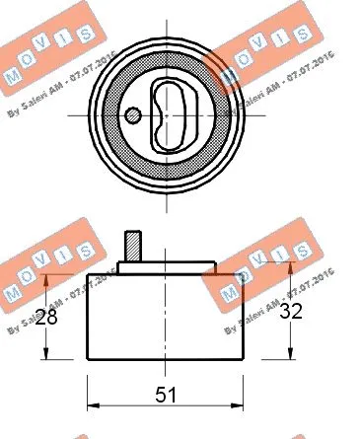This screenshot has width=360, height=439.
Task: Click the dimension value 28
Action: [x=44, y=318]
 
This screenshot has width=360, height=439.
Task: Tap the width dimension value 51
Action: [x=165, y=395]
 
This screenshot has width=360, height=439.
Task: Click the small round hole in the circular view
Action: [x=133, y=115]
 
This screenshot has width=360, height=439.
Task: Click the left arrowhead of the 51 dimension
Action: [x=93, y=404]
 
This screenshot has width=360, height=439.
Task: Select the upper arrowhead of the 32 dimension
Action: [x=289, y=266]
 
